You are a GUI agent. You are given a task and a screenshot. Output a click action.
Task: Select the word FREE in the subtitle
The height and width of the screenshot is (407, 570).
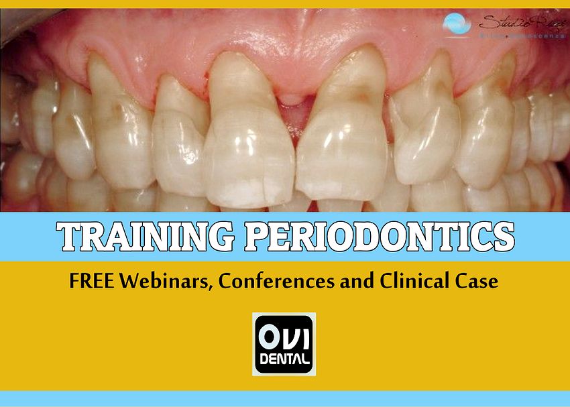(x=91, y=282)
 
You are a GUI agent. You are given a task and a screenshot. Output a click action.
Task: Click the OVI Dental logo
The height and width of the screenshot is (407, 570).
(x=284, y=343)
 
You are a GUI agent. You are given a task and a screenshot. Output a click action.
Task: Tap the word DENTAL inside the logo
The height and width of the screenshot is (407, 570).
(x=284, y=359)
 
